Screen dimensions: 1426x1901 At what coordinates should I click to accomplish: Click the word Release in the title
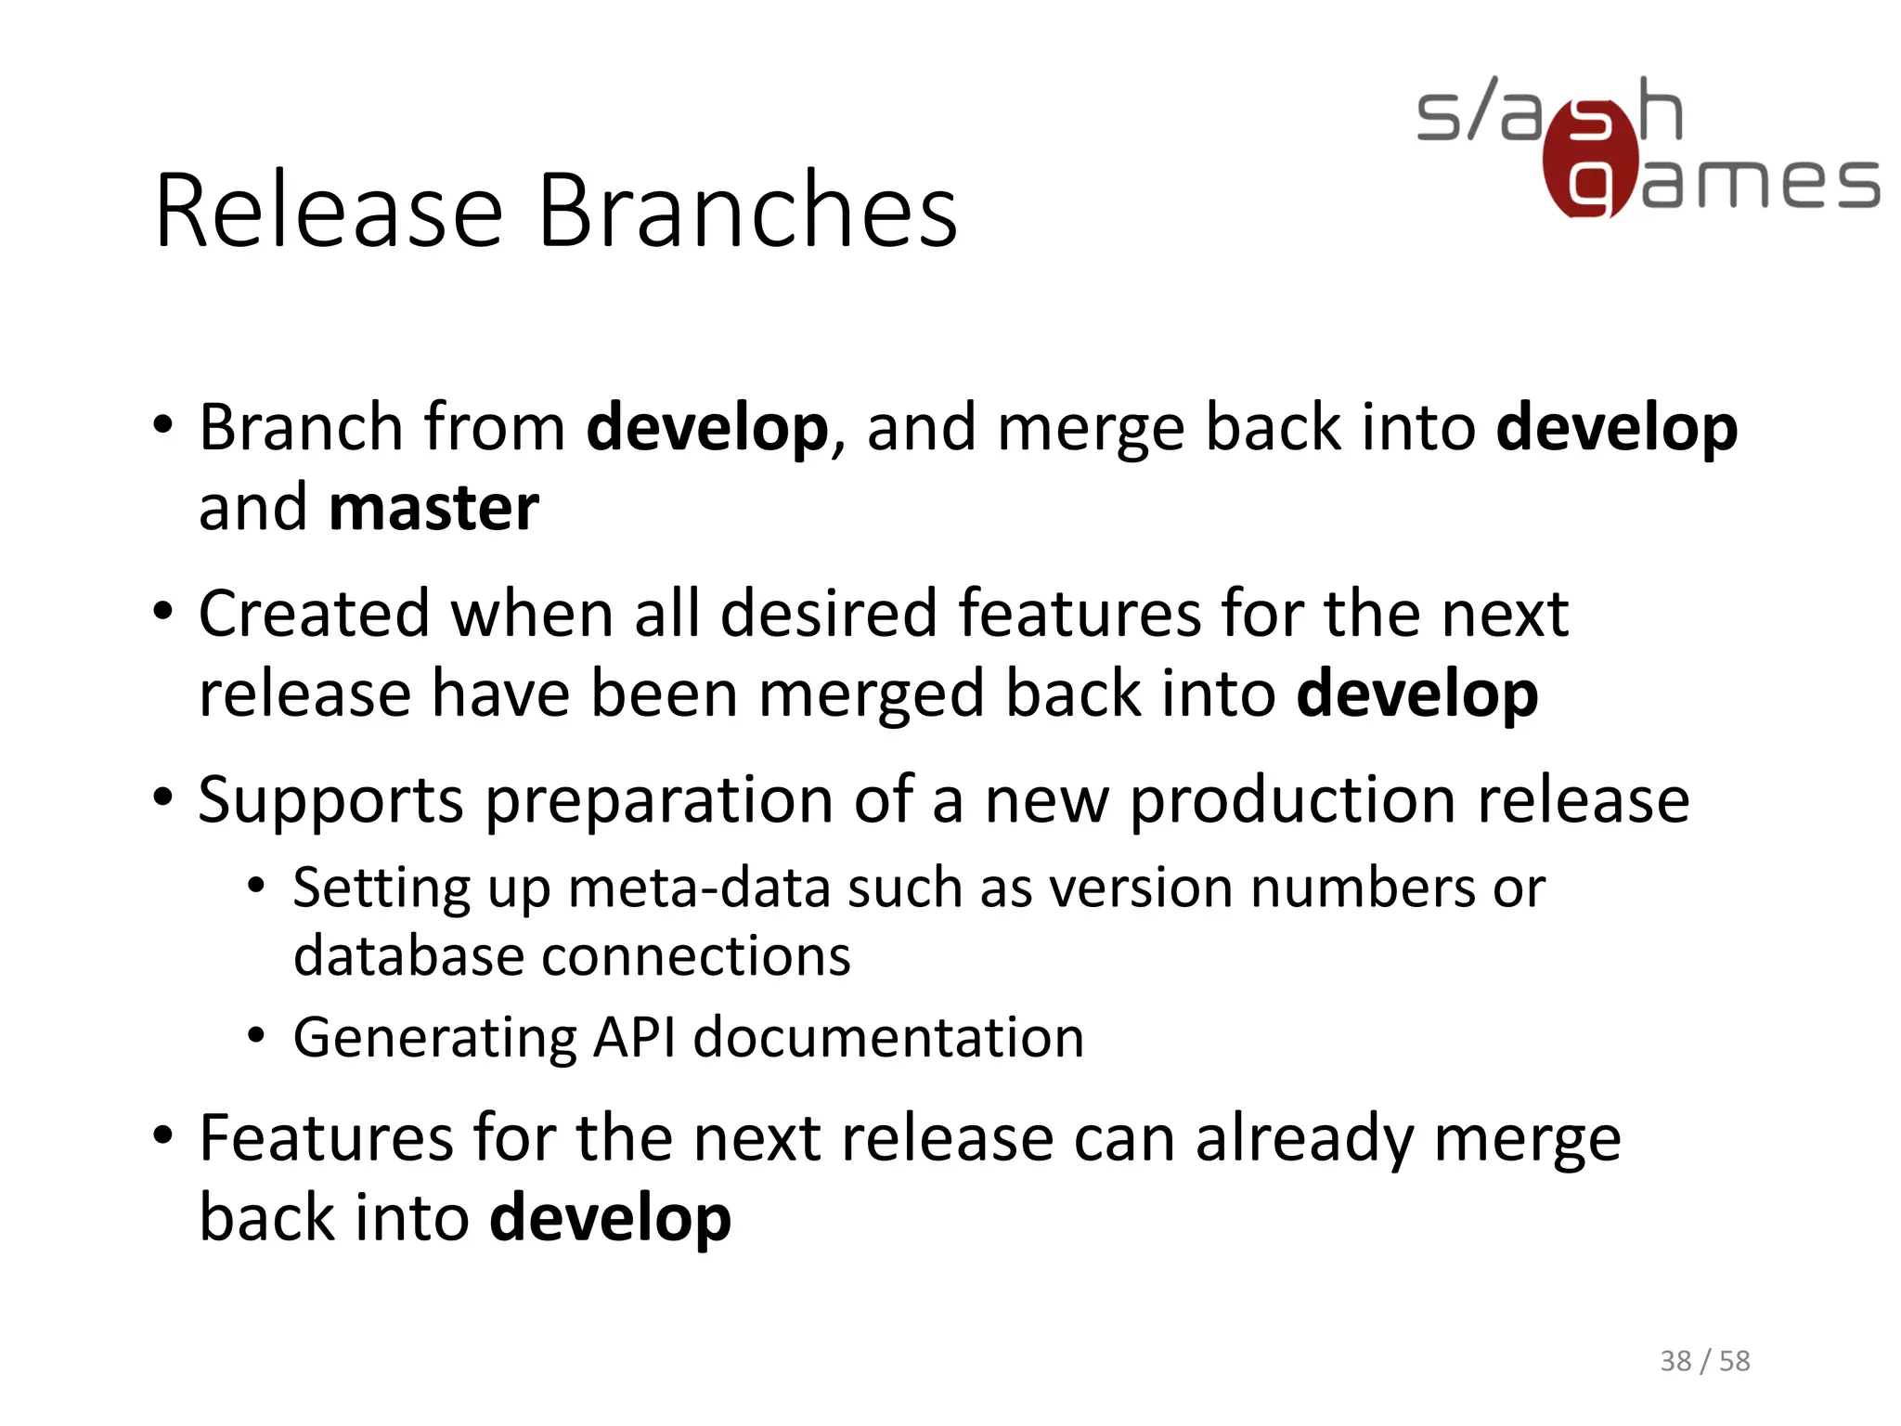[330, 211]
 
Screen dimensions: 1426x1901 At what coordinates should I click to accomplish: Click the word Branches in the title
[747, 211]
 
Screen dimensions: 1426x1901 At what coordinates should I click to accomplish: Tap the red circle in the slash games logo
[1589, 160]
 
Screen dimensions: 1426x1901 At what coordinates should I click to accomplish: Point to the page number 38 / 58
[1704, 1361]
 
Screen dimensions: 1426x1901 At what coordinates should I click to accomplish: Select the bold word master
[433, 509]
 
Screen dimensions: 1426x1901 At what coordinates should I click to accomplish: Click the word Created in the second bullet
[314, 615]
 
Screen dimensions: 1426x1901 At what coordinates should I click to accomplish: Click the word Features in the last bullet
[326, 1139]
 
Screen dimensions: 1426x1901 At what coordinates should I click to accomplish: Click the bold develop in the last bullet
[610, 1220]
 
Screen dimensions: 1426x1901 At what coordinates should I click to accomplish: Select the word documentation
[888, 1037]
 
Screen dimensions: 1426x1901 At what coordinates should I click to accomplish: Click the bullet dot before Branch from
[163, 426]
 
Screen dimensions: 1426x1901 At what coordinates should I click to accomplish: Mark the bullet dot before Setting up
[257, 887]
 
